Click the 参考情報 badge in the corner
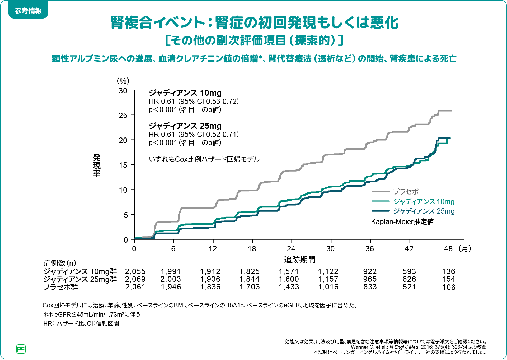[28, 11]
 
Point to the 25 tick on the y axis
[123, 116]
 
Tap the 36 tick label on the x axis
[370, 249]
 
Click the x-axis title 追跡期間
[300, 260]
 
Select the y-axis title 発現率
[97, 165]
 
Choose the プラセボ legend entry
[406, 192]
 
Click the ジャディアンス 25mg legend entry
[424, 211]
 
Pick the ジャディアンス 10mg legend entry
[424, 201]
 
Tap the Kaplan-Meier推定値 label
[402, 221]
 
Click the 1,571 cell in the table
[289, 271]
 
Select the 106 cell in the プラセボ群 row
[449, 287]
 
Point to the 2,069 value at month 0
[135, 279]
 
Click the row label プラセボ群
[60, 287]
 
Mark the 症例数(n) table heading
[60, 263]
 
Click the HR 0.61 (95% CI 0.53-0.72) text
[194, 101]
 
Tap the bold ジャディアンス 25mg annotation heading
[185, 126]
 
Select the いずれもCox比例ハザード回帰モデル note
[204, 159]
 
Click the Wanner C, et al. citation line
[418, 347]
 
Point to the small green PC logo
[21, 349]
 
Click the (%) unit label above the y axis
[123, 81]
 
